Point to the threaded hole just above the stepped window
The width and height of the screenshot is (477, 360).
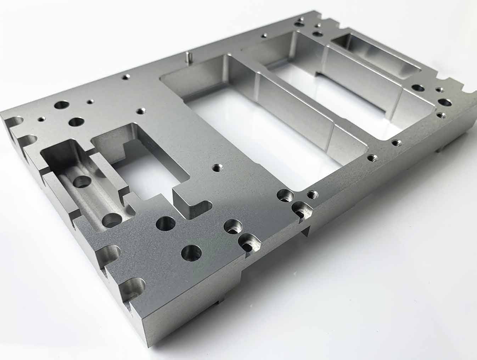[x=142, y=111]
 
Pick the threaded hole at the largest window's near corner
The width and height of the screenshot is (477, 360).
[x=312, y=194]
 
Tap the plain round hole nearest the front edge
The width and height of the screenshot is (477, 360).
[x=191, y=253]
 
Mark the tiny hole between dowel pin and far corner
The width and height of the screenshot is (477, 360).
[x=264, y=35]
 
